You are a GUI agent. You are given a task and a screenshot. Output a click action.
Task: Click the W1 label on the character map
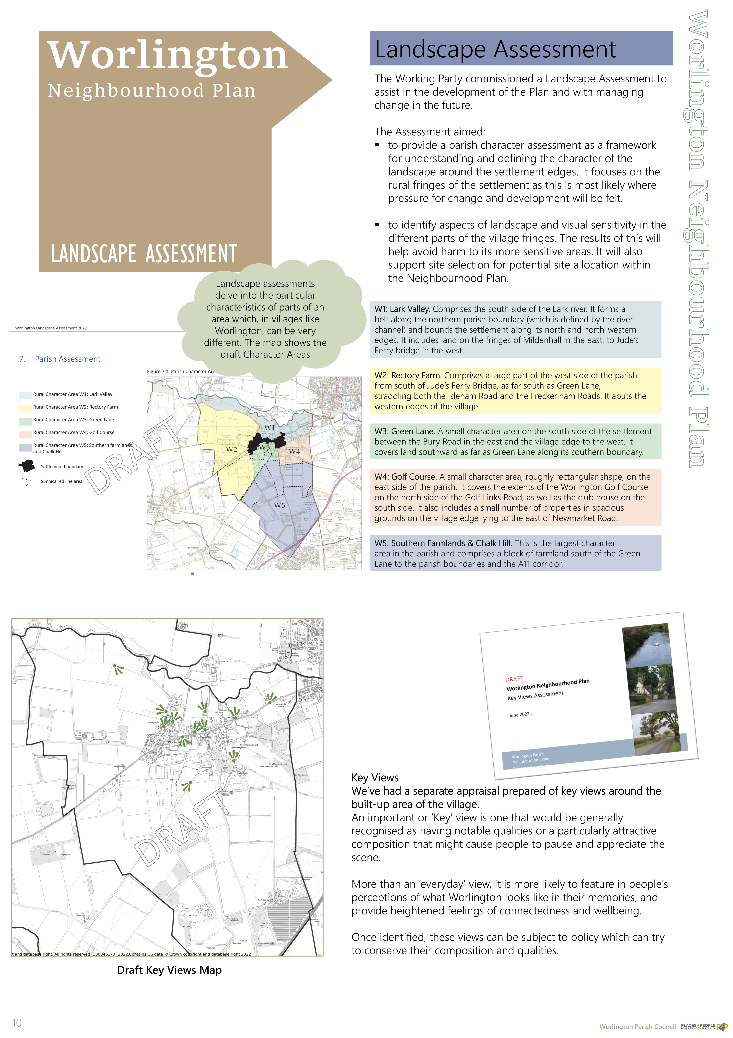tap(269, 427)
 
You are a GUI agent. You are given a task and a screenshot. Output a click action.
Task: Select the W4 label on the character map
tap(294, 451)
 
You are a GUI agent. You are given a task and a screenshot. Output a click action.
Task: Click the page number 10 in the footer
tap(17, 1023)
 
